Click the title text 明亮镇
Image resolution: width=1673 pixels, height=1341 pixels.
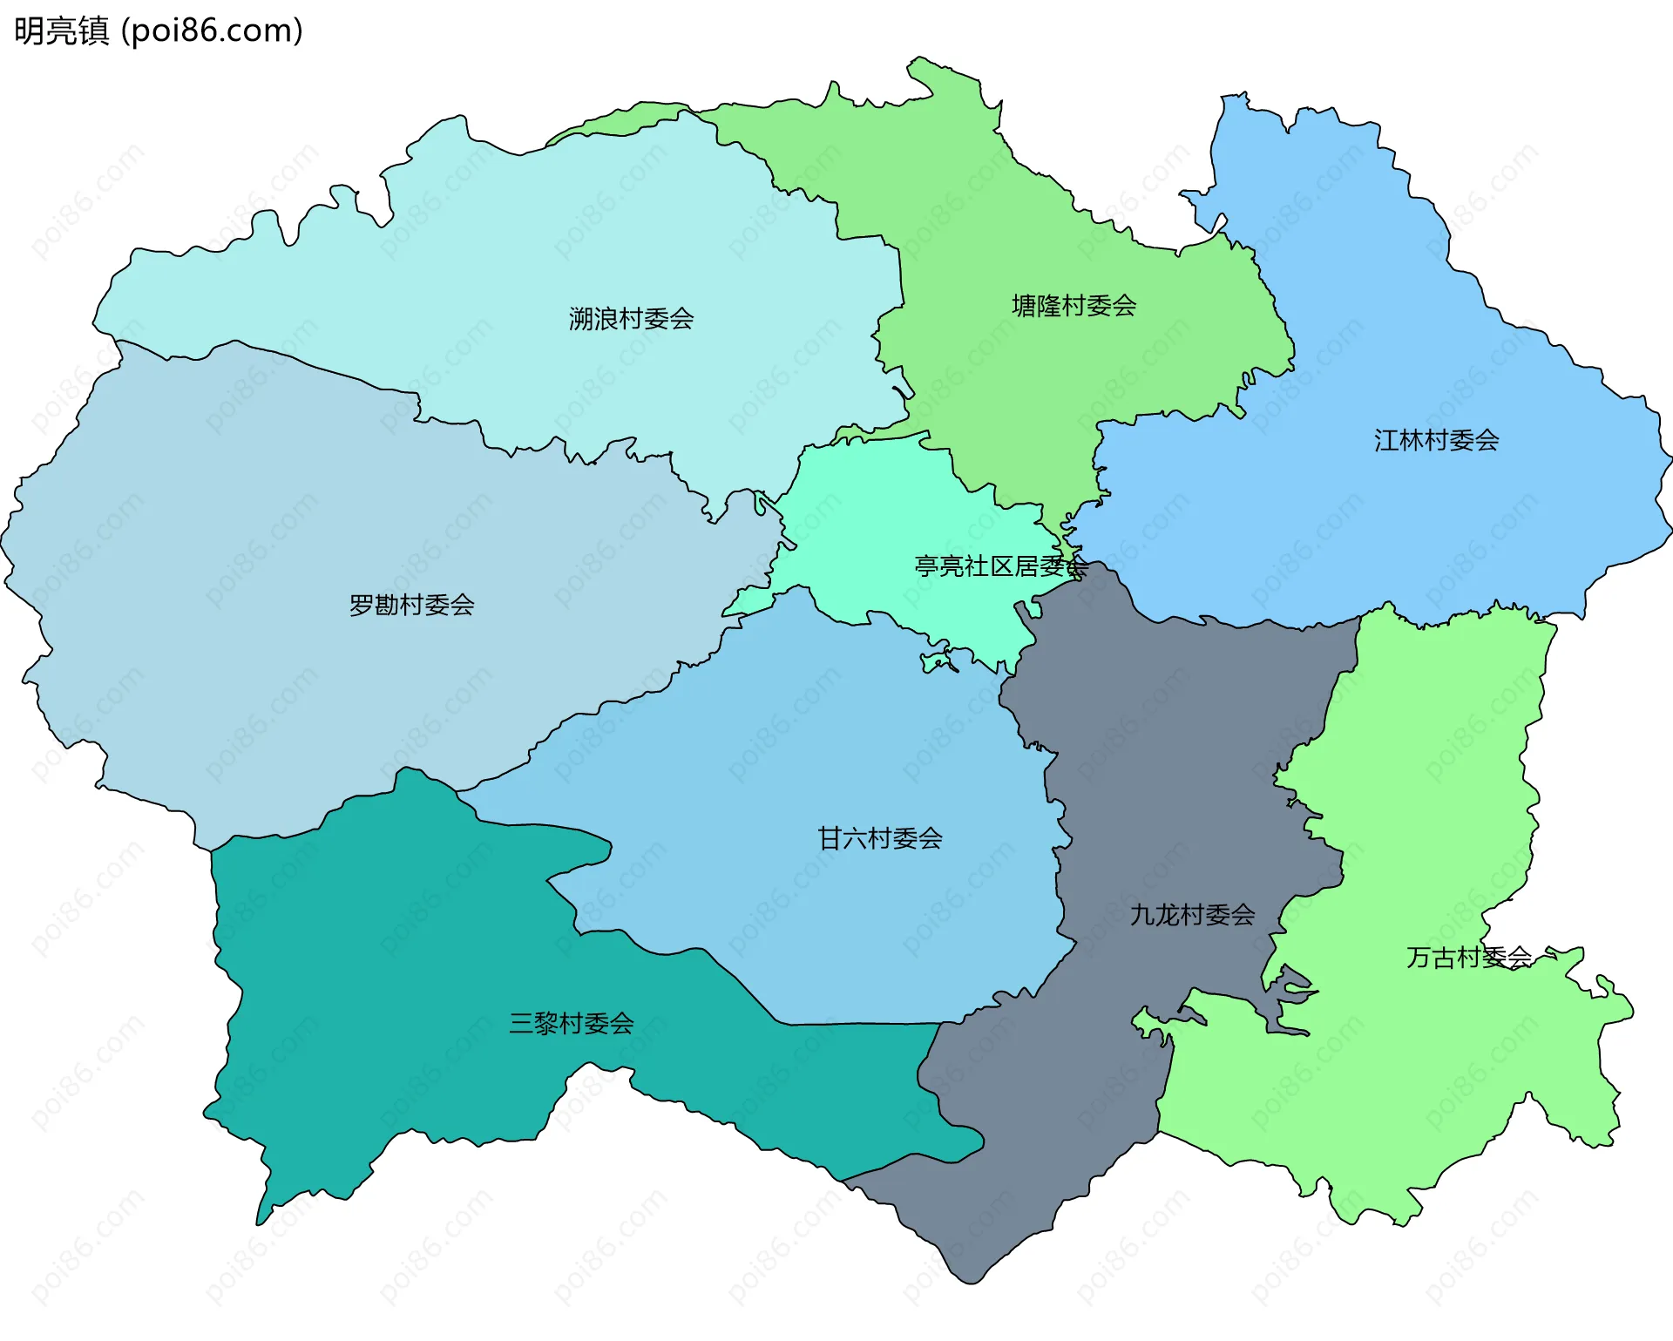tap(61, 31)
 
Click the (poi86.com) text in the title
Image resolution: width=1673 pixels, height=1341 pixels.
tap(212, 31)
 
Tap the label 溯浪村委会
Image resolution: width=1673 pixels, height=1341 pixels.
tap(631, 319)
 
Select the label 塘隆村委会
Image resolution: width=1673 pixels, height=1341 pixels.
tap(1074, 306)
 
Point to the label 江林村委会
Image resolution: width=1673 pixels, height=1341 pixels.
tap(1436, 441)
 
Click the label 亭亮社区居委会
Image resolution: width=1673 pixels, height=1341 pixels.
tap(1000, 566)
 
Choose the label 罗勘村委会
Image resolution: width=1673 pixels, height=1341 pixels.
tap(411, 605)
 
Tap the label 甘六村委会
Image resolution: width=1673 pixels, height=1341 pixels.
tap(880, 838)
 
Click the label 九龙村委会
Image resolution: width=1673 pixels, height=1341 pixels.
tap(1192, 915)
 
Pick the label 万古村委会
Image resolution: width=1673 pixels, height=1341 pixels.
tap(1469, 958)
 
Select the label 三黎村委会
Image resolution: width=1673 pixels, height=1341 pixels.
tap(571, 1023)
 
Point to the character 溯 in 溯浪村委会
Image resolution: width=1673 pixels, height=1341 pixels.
tap(581, 319)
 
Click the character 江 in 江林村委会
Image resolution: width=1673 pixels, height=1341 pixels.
tap(1386, 441)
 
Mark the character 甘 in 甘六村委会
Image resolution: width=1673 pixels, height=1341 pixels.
tap(830, 838)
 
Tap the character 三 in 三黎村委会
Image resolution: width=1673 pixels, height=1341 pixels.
tap(521, 1023)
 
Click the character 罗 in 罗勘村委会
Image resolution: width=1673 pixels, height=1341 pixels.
tap(362, 605)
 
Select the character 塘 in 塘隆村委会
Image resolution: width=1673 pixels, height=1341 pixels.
tap(1024, 306)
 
